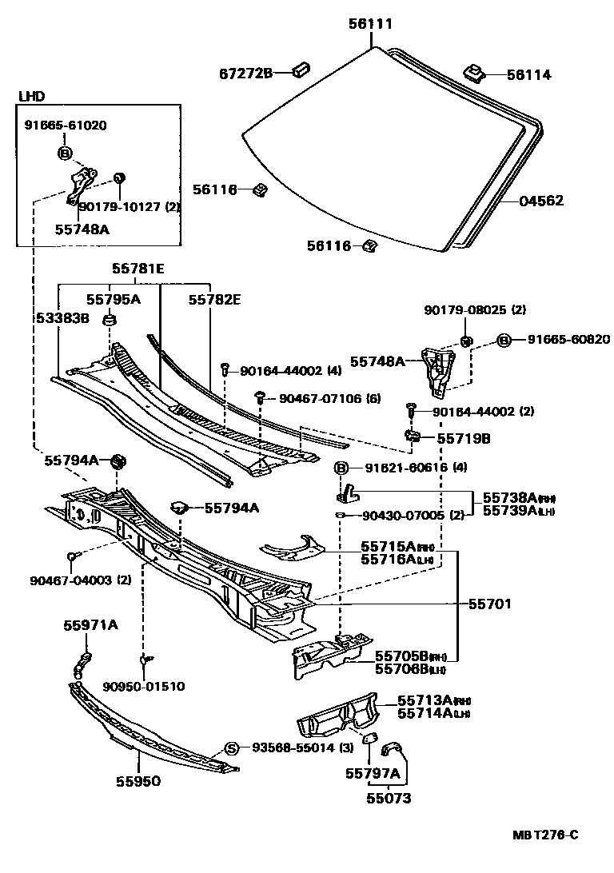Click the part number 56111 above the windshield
pyautogui.click(x=370, y=25)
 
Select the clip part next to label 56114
pyautogui.click(x=474, y=74)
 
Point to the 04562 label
pyautogui.click(x=540, y=201)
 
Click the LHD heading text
pyautogui.click(x=31, y=97)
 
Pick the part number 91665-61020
pyautogui.click(x=65, y=126)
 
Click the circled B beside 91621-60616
pyautogui.click(x=341, y=468)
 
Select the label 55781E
pyautogui.click(x=138, y=269)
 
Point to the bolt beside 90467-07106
pyautogui.click(x=261, y=397)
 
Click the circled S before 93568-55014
pyautogui.click(x=231, y=748)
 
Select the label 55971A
pyautogui.click(x=90, y=625)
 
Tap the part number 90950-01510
pyautogui.click(x=143, y=686)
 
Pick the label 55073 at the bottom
pyautogui.click(x=389, y=798)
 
